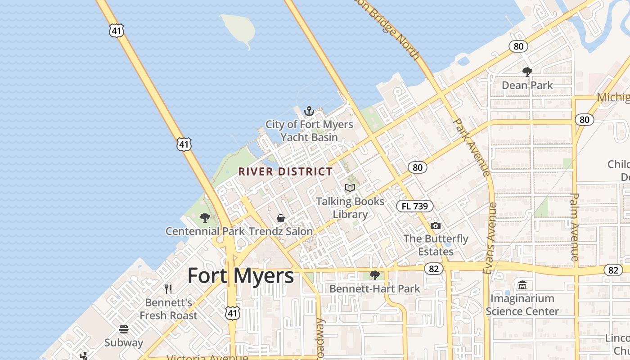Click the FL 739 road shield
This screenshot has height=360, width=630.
(x=414, y=206)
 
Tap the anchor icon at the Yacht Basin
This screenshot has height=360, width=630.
(x=309, y=111)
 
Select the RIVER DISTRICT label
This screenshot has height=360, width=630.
(x=285, y=171)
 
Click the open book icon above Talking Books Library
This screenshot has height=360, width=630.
(x=350, y=188)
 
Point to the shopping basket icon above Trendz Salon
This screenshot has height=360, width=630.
(x=281, y=218)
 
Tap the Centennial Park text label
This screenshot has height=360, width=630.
(x=205, y=231)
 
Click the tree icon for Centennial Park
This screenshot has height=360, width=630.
(x=205, y=218)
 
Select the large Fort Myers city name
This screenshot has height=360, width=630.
(x=240, y=275)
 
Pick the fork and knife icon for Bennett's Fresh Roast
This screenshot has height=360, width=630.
(x=168, y=289)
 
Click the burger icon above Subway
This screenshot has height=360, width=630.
(x=124, y=329)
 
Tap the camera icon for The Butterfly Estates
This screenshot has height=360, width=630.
(x=435, y=225)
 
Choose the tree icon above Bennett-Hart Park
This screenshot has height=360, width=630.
(x=374, y=275)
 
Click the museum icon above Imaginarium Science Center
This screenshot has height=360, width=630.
(x=522, y=285)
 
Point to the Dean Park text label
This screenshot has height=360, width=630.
(x=527, y=85)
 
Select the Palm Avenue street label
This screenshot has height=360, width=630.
(x=574, y=227)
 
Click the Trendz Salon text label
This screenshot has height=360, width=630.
(x=280, y=231)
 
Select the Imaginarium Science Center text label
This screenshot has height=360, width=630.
(x=522, y=305)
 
